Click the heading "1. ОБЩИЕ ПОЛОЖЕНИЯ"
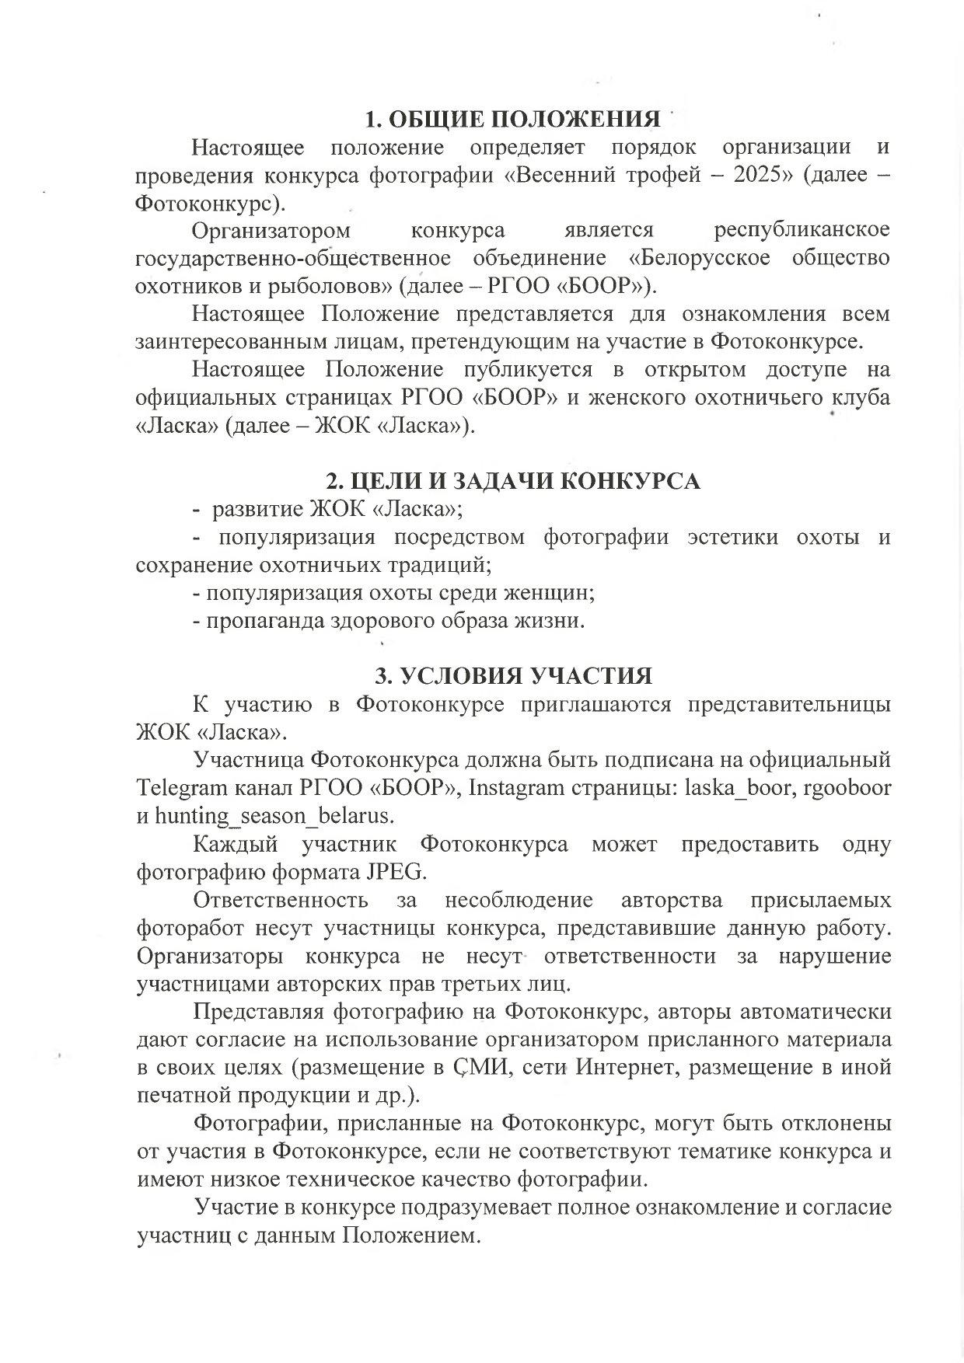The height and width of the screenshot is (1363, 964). [x=513, y=119]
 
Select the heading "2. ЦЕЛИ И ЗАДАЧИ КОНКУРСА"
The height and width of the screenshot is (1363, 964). [x=512, y=481]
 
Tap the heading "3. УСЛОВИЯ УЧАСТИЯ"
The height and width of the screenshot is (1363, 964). [x=513, y=675]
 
